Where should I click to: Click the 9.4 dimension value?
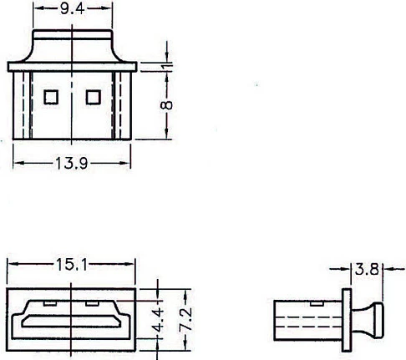[x=73, y=9]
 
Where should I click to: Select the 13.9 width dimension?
[x=72, y=163]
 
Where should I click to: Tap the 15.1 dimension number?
[x=72, y=264]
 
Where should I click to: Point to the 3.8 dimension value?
[x=368, y=269]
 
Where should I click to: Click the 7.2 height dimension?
[x=185, y=319]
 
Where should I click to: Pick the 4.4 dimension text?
[x=158, y=320]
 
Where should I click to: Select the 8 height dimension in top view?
[x=166, y=104]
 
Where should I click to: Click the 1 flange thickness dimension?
[x=167, y=66]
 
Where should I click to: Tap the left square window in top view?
[x=51, y=97]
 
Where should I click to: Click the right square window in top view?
[x=94, y=97]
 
